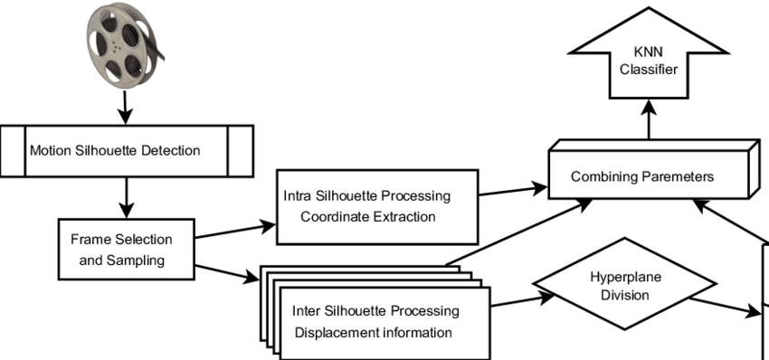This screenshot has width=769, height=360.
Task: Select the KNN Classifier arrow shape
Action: click(649, 59)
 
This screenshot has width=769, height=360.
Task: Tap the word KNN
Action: click(649, 52)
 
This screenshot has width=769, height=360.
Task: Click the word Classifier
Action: click(649, 70)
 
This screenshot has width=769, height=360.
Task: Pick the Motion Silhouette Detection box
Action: click(127, 150)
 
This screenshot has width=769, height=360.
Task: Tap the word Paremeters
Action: click(678, 176)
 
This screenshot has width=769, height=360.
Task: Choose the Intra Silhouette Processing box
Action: click(376, 206)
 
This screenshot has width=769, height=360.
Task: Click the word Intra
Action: click(297, 196)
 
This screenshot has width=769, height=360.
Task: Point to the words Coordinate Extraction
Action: click(367, 217)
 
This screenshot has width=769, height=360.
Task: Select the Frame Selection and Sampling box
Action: click(126, 250)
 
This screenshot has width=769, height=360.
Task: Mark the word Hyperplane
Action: click(620, 277)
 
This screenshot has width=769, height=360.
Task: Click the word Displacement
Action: click(330, 333)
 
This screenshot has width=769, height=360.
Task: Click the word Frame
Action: click(89, 240)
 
